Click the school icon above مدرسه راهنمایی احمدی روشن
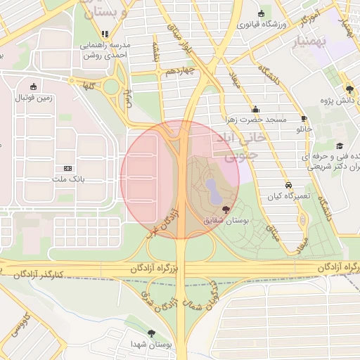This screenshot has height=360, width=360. tap(105, 34)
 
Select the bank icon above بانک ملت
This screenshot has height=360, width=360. tap(68, 168)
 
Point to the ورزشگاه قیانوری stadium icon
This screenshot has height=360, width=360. tap(262, 14)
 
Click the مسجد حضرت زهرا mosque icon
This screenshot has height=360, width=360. tap(255, 109)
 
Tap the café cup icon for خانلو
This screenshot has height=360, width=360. tap(304, 119)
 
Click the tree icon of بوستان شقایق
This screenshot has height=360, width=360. tap(225, 210)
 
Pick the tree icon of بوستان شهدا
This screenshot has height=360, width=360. tap(151, 333)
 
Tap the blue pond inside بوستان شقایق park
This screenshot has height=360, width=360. tap(211, 188)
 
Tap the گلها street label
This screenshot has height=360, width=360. tap(88, 86)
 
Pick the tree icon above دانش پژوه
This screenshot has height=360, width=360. tap(349, 89)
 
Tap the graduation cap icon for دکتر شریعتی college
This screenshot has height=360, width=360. tap(340, 146)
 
